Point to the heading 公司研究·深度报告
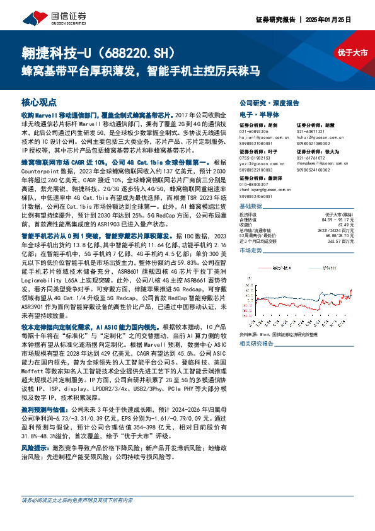coord(269,102)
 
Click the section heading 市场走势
coord(251,250)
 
